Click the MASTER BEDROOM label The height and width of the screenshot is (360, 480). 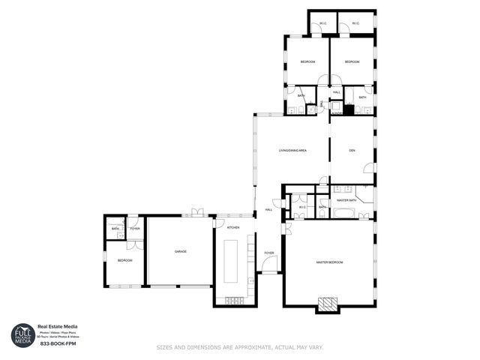[x=329, y=262]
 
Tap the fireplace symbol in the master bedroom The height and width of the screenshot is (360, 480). [x=327, y=303]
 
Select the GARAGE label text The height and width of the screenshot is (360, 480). [x=180, y=251]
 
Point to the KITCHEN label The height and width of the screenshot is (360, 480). [x=233, y=227]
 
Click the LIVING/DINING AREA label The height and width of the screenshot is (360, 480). [x=292, y=151]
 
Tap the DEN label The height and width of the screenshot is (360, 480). [x=352, y=151]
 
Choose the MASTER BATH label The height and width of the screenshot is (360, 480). [x=346, y=200]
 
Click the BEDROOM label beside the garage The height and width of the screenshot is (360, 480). [x=124, y=260]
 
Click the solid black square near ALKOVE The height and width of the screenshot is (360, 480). [x=348, y=109]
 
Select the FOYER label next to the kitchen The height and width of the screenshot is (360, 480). [x=268, y=253]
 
